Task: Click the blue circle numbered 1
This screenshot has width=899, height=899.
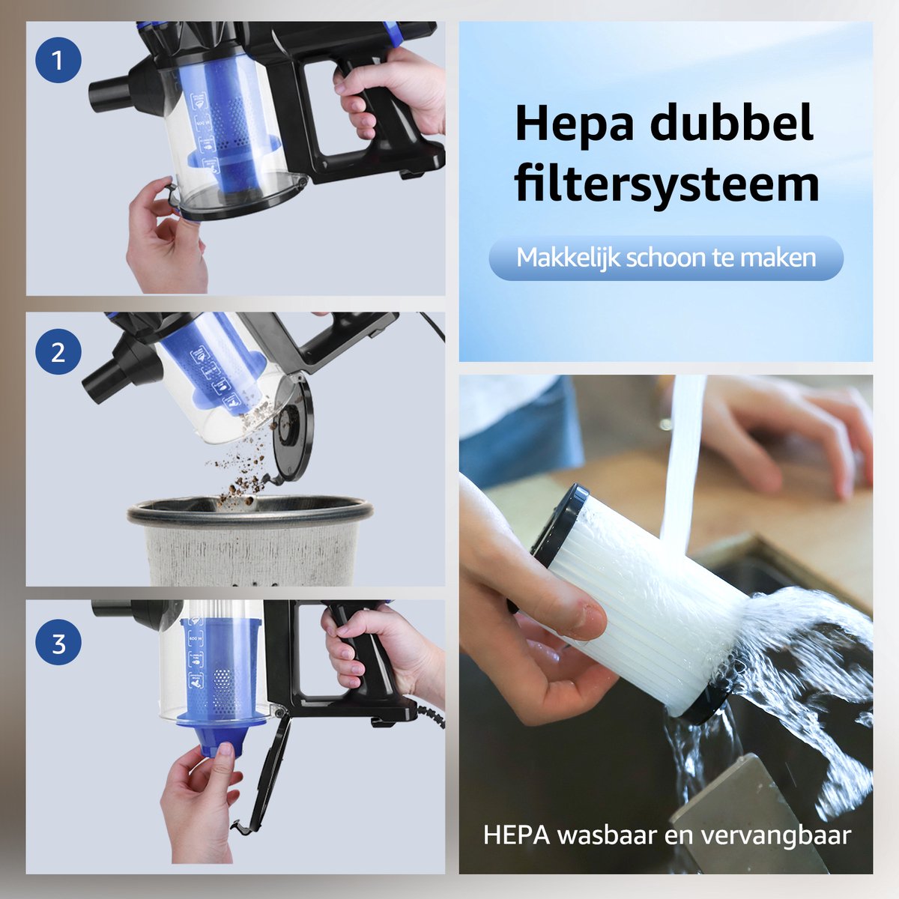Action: [x=58, y=61]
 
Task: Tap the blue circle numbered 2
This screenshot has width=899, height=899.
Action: [x=58, y=352]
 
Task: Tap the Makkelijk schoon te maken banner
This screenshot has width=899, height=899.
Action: [x=666, y=258]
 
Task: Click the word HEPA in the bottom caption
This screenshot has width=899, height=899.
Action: [x=517, y=835]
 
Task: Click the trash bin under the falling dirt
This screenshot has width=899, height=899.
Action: [x=250, y=539]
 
